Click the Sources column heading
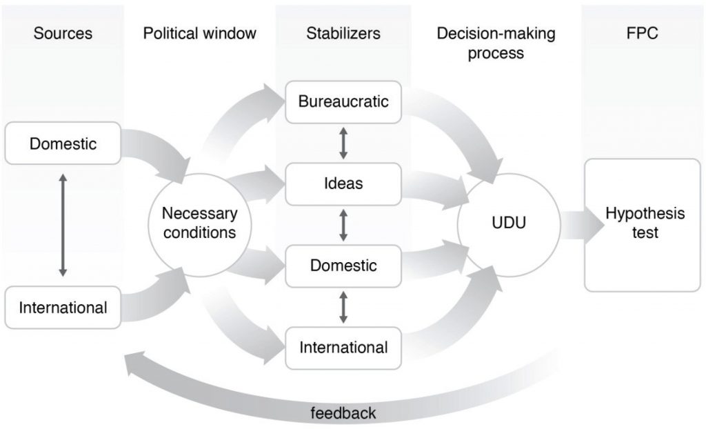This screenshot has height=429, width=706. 63,33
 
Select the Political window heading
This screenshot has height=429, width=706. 199,33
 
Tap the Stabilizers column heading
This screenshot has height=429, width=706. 343,33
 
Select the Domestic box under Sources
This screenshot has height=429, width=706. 63,144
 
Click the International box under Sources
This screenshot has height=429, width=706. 63,307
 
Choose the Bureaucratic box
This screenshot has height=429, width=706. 343,102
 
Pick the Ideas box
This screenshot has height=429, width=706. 343,183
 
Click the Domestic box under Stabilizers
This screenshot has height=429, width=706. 343,266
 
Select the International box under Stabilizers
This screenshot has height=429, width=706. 343,347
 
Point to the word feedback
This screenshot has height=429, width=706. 343,413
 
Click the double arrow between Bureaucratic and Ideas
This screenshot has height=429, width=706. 343,143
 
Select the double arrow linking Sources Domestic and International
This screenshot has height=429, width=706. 63,226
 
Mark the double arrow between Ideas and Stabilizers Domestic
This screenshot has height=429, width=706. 343,225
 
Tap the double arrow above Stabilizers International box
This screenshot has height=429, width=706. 343,307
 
